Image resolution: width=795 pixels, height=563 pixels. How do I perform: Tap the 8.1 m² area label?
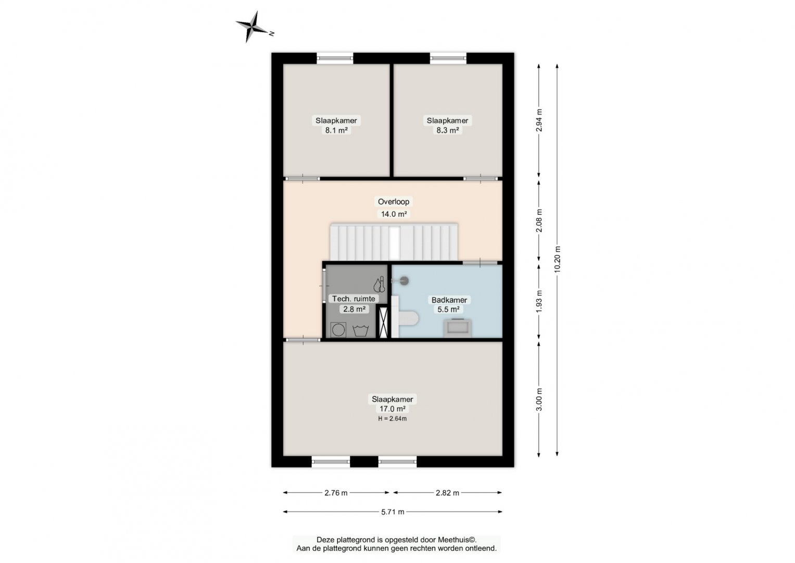point(336,130)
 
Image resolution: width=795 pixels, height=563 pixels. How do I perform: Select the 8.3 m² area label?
point(447,130)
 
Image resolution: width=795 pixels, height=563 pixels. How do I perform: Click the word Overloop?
point(393,202)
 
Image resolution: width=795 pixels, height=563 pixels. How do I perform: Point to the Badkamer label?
point(449,300)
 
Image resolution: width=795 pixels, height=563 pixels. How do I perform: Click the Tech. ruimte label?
point(353,299)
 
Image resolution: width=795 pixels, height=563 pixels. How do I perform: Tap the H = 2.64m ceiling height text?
point(392,419)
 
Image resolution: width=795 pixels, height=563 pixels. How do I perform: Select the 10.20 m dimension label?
point(557,260)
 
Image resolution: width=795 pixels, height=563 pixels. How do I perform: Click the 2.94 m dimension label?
point(539,120)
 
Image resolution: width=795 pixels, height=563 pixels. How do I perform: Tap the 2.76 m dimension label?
point(336,493)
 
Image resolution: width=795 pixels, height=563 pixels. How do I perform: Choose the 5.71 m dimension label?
point(393,512)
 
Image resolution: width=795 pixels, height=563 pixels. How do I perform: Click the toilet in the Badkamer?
point(408,318)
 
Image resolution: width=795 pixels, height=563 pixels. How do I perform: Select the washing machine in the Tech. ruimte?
point(338,329)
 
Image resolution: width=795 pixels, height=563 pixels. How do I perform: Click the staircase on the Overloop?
point(394,242)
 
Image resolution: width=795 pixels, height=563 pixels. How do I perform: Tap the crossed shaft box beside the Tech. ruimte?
point(383,322)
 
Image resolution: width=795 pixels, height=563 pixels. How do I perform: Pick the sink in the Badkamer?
point(458,328)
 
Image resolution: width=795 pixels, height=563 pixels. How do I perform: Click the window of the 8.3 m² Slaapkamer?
point(448,58)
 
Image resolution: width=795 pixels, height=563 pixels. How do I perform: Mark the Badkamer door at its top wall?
point(480,263)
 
